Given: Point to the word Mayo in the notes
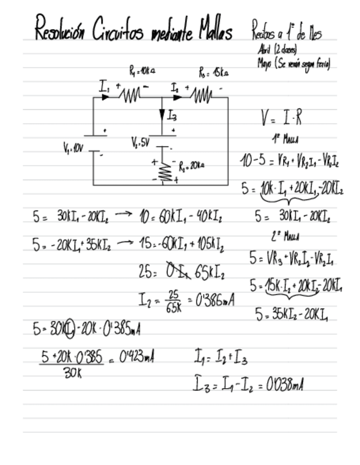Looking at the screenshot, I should coord(265,63).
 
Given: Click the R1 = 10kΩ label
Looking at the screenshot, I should coord(142,70).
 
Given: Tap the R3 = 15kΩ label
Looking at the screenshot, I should coord(213,72).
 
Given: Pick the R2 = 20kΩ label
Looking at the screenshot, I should coord(192,165).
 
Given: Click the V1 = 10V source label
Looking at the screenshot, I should coord(72,148).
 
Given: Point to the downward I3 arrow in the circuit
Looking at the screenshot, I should coord(162,115).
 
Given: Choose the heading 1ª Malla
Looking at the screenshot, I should coord(284,139).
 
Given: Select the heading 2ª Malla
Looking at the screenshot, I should coord(285,237).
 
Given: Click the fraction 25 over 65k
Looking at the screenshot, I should coord(174,301).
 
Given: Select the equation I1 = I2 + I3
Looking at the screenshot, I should coord(220,360).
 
